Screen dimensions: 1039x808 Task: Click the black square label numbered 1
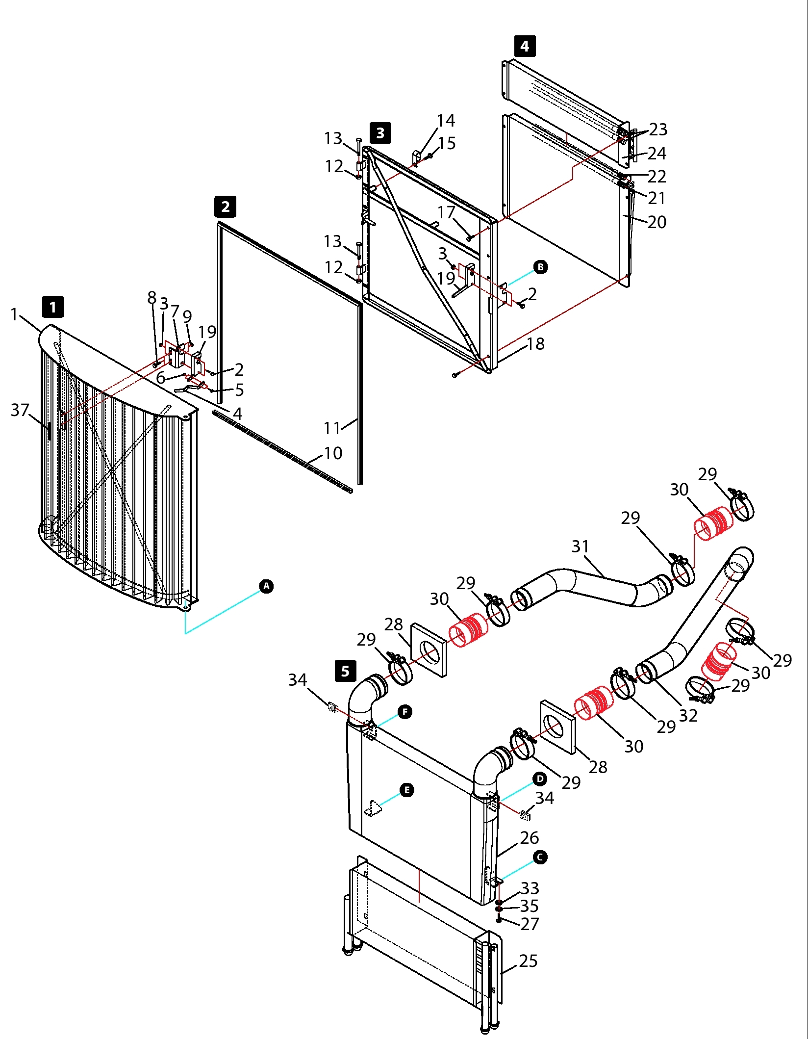point(53,308)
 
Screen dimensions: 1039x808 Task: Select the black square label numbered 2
point(226,207)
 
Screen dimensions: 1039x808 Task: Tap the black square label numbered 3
point(380,133)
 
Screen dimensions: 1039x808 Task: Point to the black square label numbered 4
point(525,46)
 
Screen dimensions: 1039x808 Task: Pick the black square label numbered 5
point(346,671)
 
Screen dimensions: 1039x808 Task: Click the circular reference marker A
point(266,586)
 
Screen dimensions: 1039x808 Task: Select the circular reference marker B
point(540,267)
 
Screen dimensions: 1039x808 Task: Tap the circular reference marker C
point(539,857)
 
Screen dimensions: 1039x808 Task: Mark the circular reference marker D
point(539,779)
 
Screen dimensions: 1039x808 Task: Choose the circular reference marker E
point(407,790)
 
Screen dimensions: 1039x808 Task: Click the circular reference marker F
point(405,712)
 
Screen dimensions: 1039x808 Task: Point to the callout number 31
point(580,546)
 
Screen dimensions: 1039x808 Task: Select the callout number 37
point(20,410)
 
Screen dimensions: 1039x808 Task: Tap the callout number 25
point(528,961)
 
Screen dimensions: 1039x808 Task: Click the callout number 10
point(333,453)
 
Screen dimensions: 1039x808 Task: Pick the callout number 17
point(446,212)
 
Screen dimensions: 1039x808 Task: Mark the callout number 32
point(688,716)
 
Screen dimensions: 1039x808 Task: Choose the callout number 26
point(530,838)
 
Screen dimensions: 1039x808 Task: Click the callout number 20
point(656,222)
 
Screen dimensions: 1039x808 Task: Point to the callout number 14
point(446,121)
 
